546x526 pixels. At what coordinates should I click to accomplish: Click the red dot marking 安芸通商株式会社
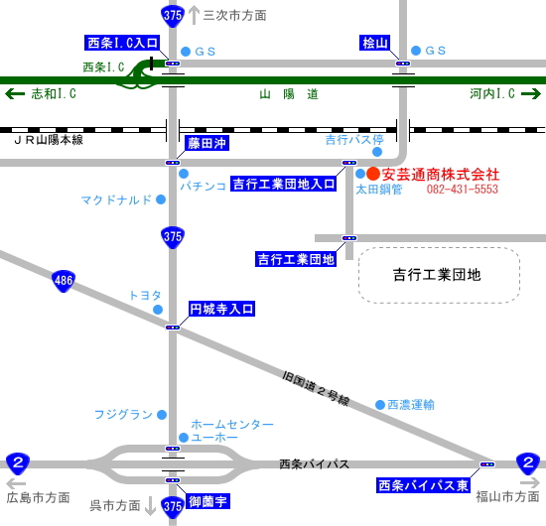click(x=373, y=174)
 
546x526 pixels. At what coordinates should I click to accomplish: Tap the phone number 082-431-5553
click(x=463, y=189)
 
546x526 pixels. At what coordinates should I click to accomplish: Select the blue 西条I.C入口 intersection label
click(x=122, y=43)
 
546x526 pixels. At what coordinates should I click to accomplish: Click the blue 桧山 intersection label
click(x=374, y=43)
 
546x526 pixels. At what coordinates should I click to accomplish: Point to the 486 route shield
click(x=64, y=281)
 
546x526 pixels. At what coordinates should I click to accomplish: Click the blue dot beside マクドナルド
click(x=161, y=199)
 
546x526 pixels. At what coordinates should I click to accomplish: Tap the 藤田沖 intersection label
click(x=206, y=143)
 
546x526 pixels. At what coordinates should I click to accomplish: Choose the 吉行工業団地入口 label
click(x=284, y=184)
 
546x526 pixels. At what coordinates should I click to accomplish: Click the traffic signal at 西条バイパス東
click(x=487, y=464)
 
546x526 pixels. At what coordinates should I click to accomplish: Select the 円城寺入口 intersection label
click(x=221, y=309)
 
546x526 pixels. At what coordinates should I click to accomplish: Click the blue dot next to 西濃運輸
click(x=380, y=405)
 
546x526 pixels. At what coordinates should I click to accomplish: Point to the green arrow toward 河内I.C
click(x=531, y=93)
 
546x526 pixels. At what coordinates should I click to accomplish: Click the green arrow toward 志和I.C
click(x=15, y=93)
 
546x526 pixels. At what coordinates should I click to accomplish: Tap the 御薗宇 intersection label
click(x=207, y=501)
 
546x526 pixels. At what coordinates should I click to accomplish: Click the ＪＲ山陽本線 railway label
click(x=49, y=140)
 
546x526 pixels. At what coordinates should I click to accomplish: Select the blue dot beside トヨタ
click(x=158, y=309)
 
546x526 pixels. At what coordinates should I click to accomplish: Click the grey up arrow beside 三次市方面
click(x=194, y=16)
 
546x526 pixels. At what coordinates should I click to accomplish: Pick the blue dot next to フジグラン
click(x=162, y=415)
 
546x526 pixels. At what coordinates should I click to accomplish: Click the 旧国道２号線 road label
click(x=316, y=388)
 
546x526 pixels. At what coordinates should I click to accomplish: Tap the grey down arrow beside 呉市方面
click(x=150, y=506)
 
